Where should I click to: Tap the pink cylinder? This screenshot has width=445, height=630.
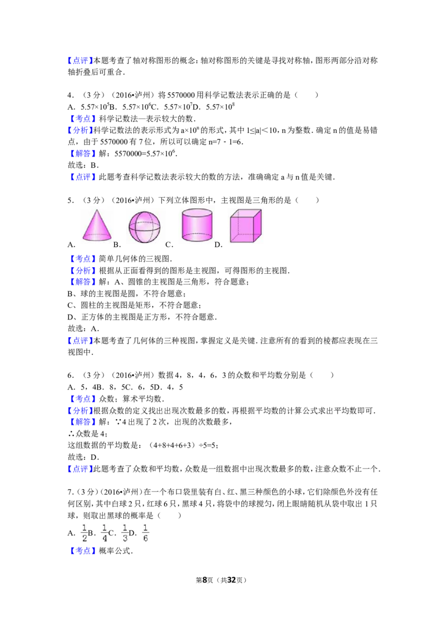coord(197,225)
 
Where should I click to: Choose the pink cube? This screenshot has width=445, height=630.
coord(246,225)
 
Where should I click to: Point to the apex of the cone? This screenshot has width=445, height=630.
coord(97,210)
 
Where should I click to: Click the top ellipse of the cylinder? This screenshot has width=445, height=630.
coord(197,213)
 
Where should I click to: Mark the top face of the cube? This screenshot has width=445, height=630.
coord(246,214)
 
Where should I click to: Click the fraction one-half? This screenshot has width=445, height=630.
coord(85,532)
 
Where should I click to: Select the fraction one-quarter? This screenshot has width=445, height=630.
coord(104,532)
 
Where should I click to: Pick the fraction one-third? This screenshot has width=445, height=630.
coord(125,532)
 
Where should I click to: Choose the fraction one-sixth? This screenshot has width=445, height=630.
coord(145,532)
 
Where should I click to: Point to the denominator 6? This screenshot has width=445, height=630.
coord(145,538)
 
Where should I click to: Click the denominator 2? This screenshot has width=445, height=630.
coord(85,538)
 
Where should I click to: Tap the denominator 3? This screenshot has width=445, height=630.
coord(125,538)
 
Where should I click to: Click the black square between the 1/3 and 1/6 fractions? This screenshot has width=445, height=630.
coord(133,534)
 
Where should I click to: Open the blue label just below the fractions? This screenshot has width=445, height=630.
coord(83,550)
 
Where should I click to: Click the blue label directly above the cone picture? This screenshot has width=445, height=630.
coord(83,176)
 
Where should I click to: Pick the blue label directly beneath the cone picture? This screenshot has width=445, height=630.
coord(83,259)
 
